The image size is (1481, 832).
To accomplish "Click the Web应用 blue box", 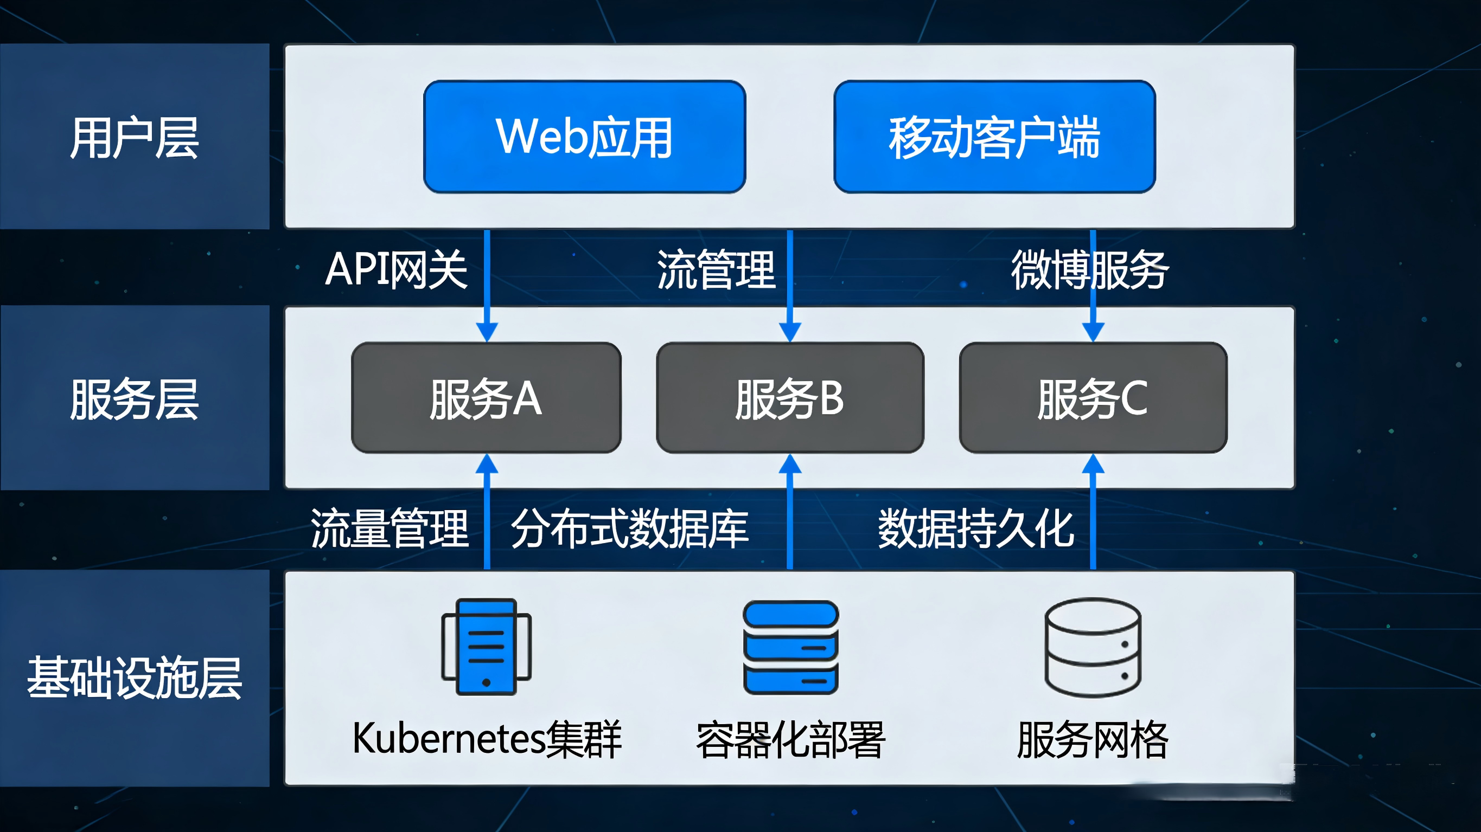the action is pos(584,137).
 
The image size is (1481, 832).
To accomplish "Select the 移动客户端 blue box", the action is pos(994,137).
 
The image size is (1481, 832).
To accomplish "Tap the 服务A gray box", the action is pos(486,398).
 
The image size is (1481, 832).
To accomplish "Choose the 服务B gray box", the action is pos(790,398).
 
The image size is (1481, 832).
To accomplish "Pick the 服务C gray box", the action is pos(1093,398).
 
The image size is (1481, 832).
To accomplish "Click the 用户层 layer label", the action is pos(135,138).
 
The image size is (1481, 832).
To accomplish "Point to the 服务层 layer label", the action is pos(135,399).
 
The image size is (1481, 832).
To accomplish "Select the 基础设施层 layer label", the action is pos(135,678).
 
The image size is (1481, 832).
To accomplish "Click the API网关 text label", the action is pos(396,269).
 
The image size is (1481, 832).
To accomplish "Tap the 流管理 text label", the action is pos(716,269).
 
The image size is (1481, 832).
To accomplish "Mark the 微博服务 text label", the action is pos(1089,269).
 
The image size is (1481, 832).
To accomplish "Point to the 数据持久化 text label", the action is pos(975,528).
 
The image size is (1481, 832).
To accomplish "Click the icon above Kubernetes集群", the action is pos(487,647).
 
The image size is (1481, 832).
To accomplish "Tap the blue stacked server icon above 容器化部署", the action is pos(790,647).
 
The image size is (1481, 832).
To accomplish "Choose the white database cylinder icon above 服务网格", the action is pos(1093,647).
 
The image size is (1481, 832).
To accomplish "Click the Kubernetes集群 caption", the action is pos(487,739).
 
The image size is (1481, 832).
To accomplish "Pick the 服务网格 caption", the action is pos(1093,739).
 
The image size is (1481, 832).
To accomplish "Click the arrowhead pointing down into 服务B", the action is pos(790,332).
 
